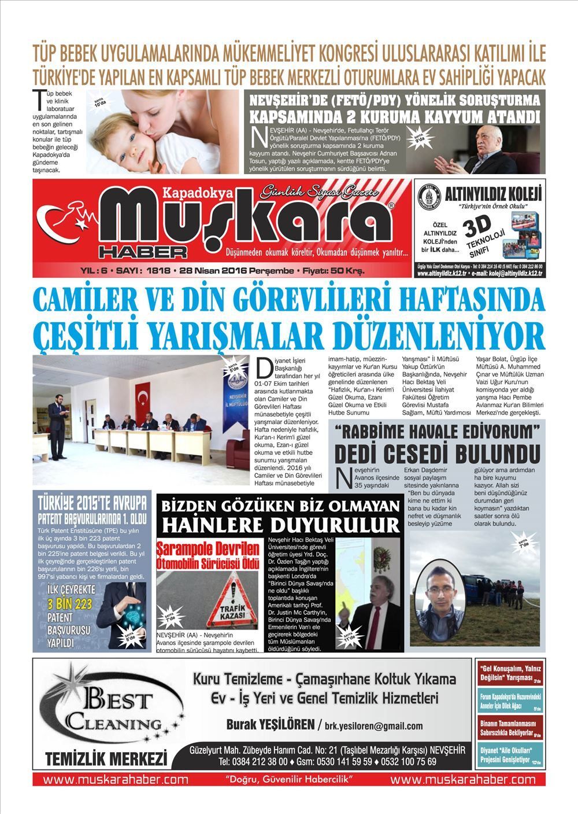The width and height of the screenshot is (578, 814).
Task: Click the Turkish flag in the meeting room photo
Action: pyautogui.click(x=142, y=399)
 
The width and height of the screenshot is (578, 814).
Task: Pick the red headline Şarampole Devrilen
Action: pyautogui.click(x=208, y=548)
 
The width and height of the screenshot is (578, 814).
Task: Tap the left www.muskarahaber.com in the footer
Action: pyautogui.click(x=116, y=779)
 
